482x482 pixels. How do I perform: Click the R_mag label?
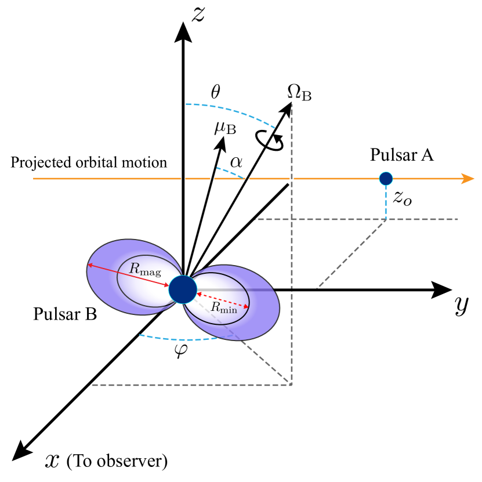coord(145,269)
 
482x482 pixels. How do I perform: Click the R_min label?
coord(224,307)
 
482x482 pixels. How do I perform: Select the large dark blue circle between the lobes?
coord(183,289)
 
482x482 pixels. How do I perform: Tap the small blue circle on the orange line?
coord(386,179)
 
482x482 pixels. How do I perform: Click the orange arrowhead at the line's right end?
coord(467,179)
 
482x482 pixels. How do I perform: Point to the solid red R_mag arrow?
coord(128,276)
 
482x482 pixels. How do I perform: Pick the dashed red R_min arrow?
coord(223,300)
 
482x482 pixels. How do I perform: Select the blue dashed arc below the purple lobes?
coord(177,339)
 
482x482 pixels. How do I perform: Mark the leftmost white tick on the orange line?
coord(183,179)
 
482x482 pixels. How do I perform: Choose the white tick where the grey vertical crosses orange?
coord(292,179)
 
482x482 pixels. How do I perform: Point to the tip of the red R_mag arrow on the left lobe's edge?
coord(89,265)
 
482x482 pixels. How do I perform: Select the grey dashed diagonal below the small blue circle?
coord(351,254)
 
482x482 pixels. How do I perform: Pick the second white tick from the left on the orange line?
coord(212,179)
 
